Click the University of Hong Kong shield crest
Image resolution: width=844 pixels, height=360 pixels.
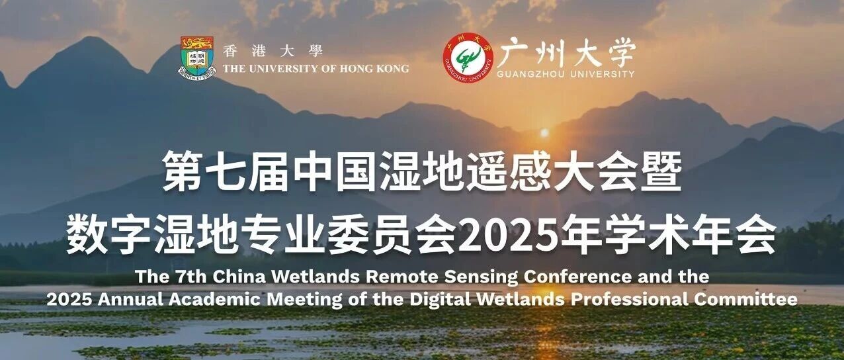click(197, 57)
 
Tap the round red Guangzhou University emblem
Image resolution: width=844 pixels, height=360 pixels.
click(468, 58)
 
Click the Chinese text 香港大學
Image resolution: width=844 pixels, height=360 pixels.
click(273, 51)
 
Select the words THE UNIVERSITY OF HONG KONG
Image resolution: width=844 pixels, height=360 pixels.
click(316, 69)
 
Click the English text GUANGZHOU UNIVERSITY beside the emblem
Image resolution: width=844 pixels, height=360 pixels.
click(566, 74)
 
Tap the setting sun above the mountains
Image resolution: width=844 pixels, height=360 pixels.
click(544, 133)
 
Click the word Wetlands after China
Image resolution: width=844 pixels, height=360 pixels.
click(316, 277)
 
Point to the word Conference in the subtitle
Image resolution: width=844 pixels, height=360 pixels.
click(577, 277)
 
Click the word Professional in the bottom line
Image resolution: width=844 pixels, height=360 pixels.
click(630, 300)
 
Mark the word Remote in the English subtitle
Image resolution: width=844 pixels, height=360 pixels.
click(402, 277)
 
